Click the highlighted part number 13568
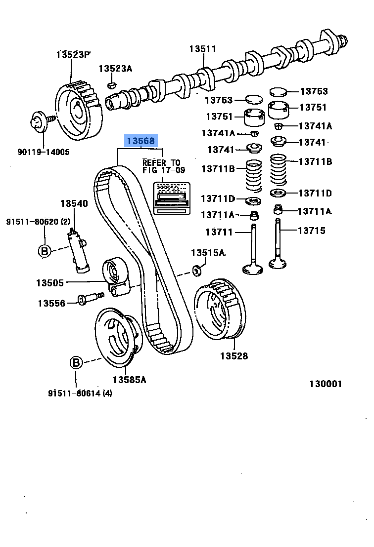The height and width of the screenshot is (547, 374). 141,141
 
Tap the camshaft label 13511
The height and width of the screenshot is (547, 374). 203,49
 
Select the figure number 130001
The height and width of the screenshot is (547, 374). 326,384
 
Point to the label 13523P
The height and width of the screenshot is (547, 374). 74,54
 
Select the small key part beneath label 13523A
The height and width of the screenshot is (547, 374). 112,85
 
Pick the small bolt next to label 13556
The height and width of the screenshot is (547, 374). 90,298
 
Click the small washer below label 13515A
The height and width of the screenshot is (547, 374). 197,270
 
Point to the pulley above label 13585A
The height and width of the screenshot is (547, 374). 117,338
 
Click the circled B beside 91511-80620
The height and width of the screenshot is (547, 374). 45,251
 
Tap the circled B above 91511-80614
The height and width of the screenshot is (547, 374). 76,363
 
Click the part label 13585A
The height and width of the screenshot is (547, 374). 129,379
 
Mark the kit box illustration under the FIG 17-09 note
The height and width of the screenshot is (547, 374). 172,198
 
